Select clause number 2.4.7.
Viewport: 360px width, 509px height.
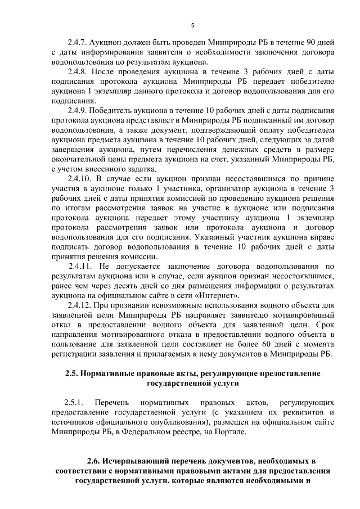coord(78,42)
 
